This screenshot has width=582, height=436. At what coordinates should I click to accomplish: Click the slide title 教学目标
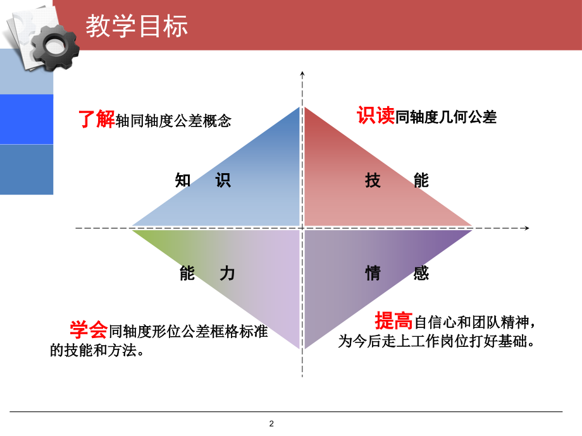(x=137, y=27)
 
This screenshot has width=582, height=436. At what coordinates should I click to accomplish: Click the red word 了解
(x=96, y=119)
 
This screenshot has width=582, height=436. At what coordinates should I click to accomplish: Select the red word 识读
(x=376, y=116)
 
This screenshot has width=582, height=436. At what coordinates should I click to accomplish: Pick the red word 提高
(x=394, y=321)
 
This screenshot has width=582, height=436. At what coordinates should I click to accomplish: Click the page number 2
(x=271, y=423)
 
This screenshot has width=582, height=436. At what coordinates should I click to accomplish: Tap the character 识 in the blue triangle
(x=223, y=181)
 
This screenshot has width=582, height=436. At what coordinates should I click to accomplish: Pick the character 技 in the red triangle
(x=373, y=181)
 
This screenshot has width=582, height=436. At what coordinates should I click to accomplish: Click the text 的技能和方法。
(x=97, y=349)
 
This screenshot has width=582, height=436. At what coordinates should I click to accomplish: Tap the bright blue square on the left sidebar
(x=26, y=119)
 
